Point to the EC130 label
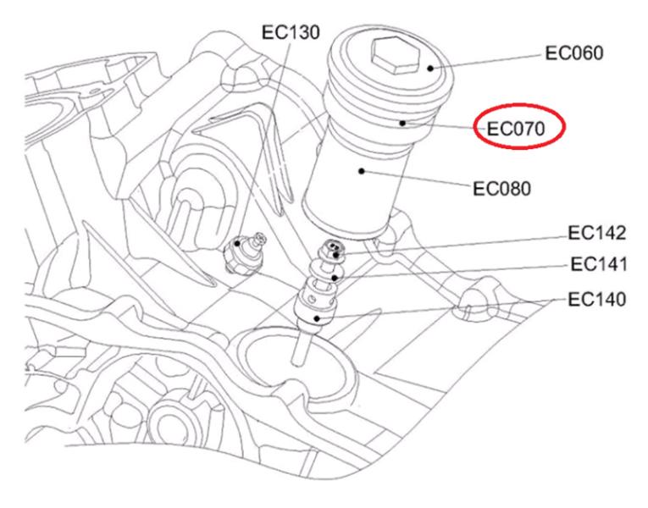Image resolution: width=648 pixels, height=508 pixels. (x=289, y=32)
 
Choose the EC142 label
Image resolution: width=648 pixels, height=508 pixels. (x=597, y=233)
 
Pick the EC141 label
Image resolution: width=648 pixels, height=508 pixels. (x=597, y=265)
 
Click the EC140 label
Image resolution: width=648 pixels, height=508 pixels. (x=597, y=298)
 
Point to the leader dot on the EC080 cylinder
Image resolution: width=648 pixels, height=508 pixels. (x=361, y=171)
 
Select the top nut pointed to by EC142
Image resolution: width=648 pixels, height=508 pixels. (x=335, y=249)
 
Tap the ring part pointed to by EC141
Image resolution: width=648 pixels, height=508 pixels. (x=334, y=273)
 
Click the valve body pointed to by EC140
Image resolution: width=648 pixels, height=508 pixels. (x=316, y=309)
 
